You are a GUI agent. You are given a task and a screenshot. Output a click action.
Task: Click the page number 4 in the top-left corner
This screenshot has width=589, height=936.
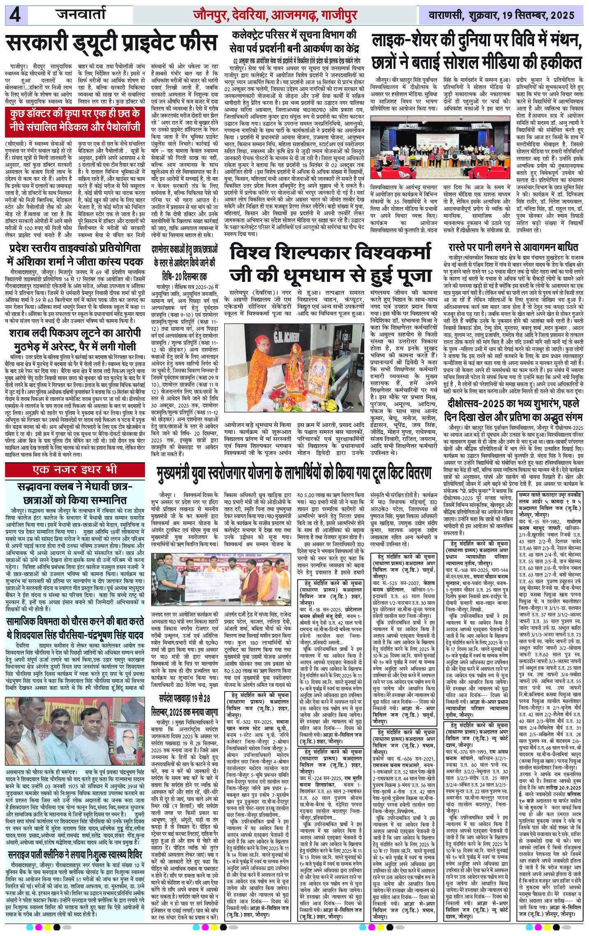coord(16,16)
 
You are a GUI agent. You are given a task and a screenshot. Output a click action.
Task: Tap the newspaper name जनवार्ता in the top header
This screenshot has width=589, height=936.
coord(81,15)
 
